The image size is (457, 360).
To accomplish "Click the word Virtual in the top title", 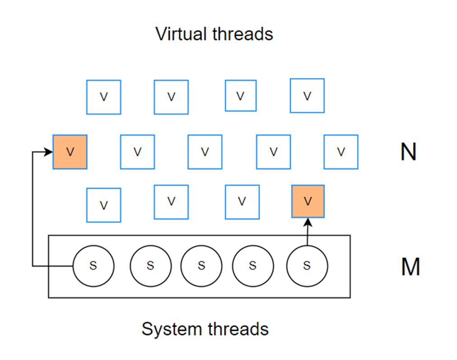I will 179,34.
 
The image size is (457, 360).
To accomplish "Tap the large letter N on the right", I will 408,153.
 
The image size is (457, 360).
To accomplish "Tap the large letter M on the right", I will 410,267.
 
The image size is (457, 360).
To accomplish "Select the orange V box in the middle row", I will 70,152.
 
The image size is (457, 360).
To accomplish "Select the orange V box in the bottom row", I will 308,201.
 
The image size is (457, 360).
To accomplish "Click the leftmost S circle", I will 93,266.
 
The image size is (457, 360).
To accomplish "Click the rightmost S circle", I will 307,266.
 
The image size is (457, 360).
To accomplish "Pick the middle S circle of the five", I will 201,266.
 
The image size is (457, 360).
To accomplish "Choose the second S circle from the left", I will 150,266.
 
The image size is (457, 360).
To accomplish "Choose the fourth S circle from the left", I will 252,266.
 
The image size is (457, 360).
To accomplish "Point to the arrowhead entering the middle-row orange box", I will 49,152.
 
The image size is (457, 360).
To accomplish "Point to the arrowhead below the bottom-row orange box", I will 308,221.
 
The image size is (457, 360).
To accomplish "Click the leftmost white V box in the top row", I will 103,97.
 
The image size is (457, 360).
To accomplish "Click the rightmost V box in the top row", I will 307,96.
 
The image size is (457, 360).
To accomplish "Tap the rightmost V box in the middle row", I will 341,151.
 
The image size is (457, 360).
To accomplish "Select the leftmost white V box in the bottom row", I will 103,205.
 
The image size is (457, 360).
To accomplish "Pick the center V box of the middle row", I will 205,152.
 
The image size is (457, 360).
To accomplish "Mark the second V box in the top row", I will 171,97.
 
